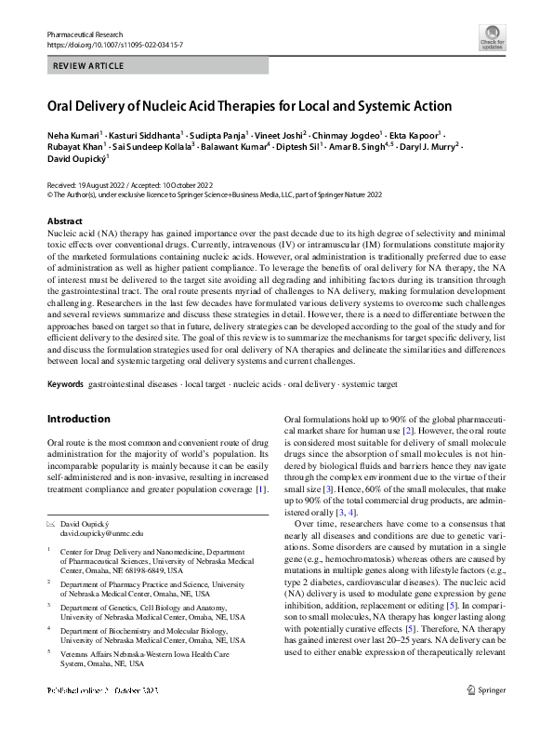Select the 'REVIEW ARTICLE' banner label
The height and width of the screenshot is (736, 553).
click(x=89, y=66)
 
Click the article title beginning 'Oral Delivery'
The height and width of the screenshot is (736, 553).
click(x=249, y=106)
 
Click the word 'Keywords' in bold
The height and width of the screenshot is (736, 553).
click(x=65, y=384)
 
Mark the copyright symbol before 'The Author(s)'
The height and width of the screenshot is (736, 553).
click(x=50, y=195)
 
